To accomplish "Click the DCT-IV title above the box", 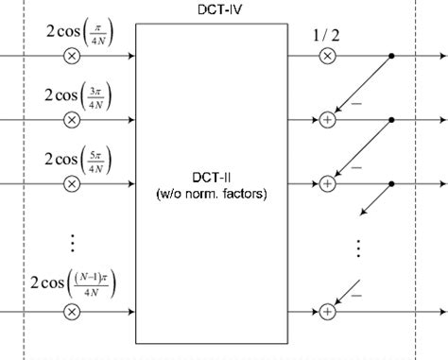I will pyautogui.click(x=211, y=9).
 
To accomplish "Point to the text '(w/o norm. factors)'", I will pyautogui.click(x=211, y=194).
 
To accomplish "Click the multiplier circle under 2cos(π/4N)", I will pyautogui.click(x=71, y=57).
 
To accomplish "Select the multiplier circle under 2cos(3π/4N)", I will pyautogui.click(x=71, y=120).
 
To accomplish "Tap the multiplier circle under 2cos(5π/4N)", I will pyautogui.click(x=71, y=183).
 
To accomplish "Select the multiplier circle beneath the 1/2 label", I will pyautogui.click(x=327, y=57).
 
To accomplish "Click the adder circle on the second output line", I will pyautogui.click(x=327, y=120).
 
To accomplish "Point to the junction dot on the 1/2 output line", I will pyautogui.click(x=392, y=57).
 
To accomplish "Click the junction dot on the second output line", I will pyautogui.click(x=392, y=120).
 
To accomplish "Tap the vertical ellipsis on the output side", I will pyautogui.click(x=359, y=248).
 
